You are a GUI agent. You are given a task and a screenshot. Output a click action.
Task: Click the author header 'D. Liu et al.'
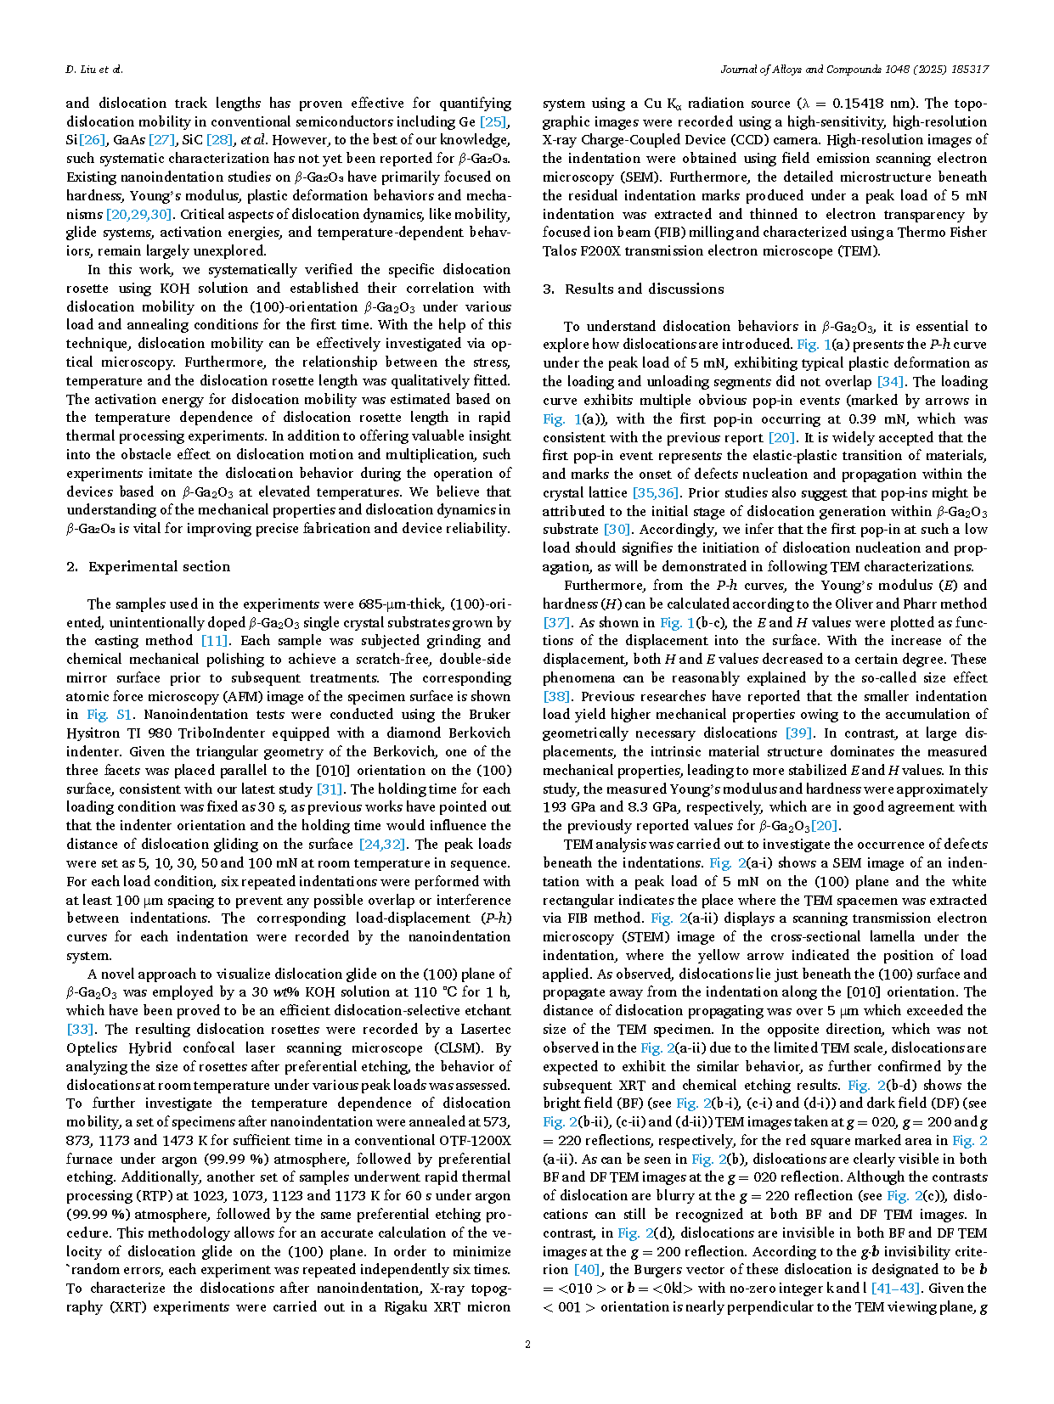click(x=94, y=69)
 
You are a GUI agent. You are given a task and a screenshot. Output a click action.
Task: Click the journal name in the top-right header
click(x=854, y=69)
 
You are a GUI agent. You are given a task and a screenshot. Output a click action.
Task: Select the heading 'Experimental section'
click(x=159, y=566)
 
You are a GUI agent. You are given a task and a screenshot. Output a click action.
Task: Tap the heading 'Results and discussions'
click(x=644, y=289)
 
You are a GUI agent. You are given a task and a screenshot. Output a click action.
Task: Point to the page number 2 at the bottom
click(x=527, y=1344)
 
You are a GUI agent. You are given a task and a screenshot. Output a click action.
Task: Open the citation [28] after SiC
click(x=219, y=140)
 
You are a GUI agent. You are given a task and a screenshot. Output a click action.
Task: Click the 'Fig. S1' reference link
click(x=110, y=715)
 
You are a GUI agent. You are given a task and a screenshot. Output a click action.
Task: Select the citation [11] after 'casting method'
click(x=214, y=641)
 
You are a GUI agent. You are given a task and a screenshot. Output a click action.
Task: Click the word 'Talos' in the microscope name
click(x=561, y=251)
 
